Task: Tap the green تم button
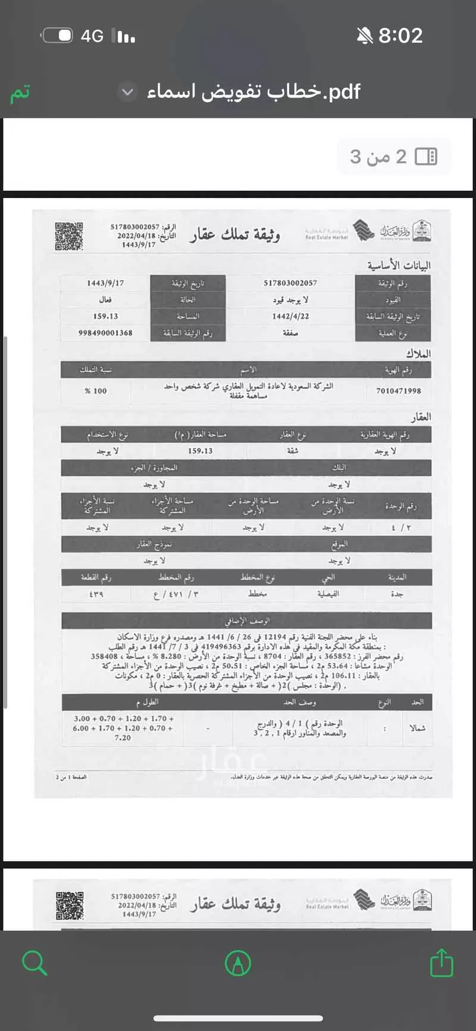coord(20,93)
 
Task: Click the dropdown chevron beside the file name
coord(127,92)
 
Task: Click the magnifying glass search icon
coord(34,962)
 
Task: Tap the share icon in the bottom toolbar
coord(441,962)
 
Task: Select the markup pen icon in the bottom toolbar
coord(238,962)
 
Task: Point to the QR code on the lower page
coord(70,906)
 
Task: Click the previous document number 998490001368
coord(105,333)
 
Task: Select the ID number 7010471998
coord(398,391)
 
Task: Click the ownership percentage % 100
coord(96,391)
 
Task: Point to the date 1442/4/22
coord(290,316)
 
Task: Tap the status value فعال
coord(105,300)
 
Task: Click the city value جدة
coord(397,594)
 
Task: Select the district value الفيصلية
coord(328,594)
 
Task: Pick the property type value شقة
coord(292,451)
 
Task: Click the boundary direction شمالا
coord(417,728)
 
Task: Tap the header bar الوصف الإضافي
coord(246,621)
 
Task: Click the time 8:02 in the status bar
coord(400,36)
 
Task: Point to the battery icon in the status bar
coord(58,36)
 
